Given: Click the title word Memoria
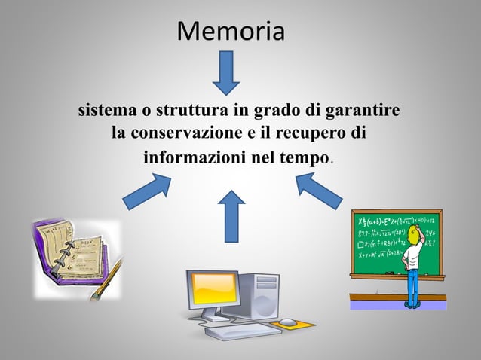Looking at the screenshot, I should pos(231,32).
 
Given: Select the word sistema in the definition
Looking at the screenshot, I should pos(105,111).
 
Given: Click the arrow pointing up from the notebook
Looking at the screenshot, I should pos(146,192).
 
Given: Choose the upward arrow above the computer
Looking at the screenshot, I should pos(231,215).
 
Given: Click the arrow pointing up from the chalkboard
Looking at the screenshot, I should pos(319,191).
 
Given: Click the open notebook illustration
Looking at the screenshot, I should pos(72,252).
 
